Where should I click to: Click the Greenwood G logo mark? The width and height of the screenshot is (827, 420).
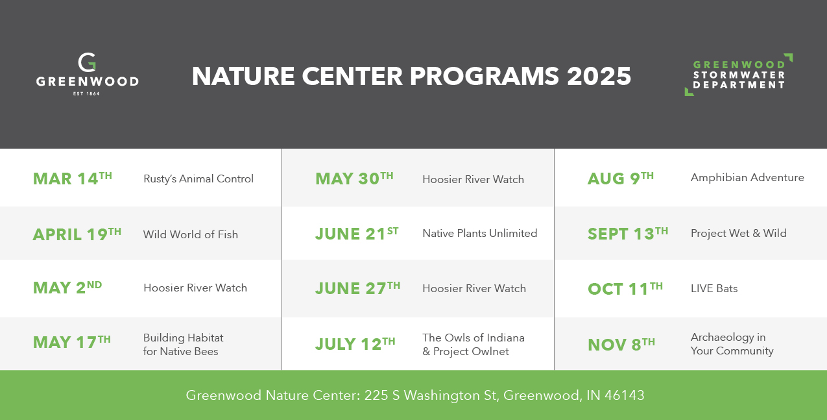click(87, 62)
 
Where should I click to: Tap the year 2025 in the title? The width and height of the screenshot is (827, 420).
click(599, 77)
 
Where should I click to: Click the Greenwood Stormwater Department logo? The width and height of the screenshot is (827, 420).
click(739, 75)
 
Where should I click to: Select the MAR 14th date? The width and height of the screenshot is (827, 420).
click(73, 178)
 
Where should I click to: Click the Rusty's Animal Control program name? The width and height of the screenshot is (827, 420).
click(198, 179)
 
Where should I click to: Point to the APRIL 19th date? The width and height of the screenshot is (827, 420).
click(77, 234)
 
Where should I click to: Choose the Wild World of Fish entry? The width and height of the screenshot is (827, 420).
click(191, 234)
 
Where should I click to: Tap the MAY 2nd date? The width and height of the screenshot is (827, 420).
click(67, 288)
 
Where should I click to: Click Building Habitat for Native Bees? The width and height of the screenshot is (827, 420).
click(183, 344)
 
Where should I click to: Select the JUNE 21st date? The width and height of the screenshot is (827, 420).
click(357, 234)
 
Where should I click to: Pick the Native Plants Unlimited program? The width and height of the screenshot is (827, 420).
click(479, 233)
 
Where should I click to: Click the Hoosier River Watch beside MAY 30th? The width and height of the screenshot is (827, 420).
click(473, 179)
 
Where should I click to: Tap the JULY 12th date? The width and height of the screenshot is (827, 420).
click(355, 343)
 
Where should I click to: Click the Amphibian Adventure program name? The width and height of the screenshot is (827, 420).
click(747, 178)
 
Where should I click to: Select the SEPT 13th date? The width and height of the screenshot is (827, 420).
click(628, 234)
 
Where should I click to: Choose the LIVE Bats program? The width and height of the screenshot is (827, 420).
click(714, 288)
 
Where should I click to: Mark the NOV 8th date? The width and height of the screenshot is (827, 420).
click(621, 344)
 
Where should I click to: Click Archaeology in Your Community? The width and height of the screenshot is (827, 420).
click(732, 344)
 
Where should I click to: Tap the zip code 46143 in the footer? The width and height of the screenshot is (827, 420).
click(625, 395)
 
